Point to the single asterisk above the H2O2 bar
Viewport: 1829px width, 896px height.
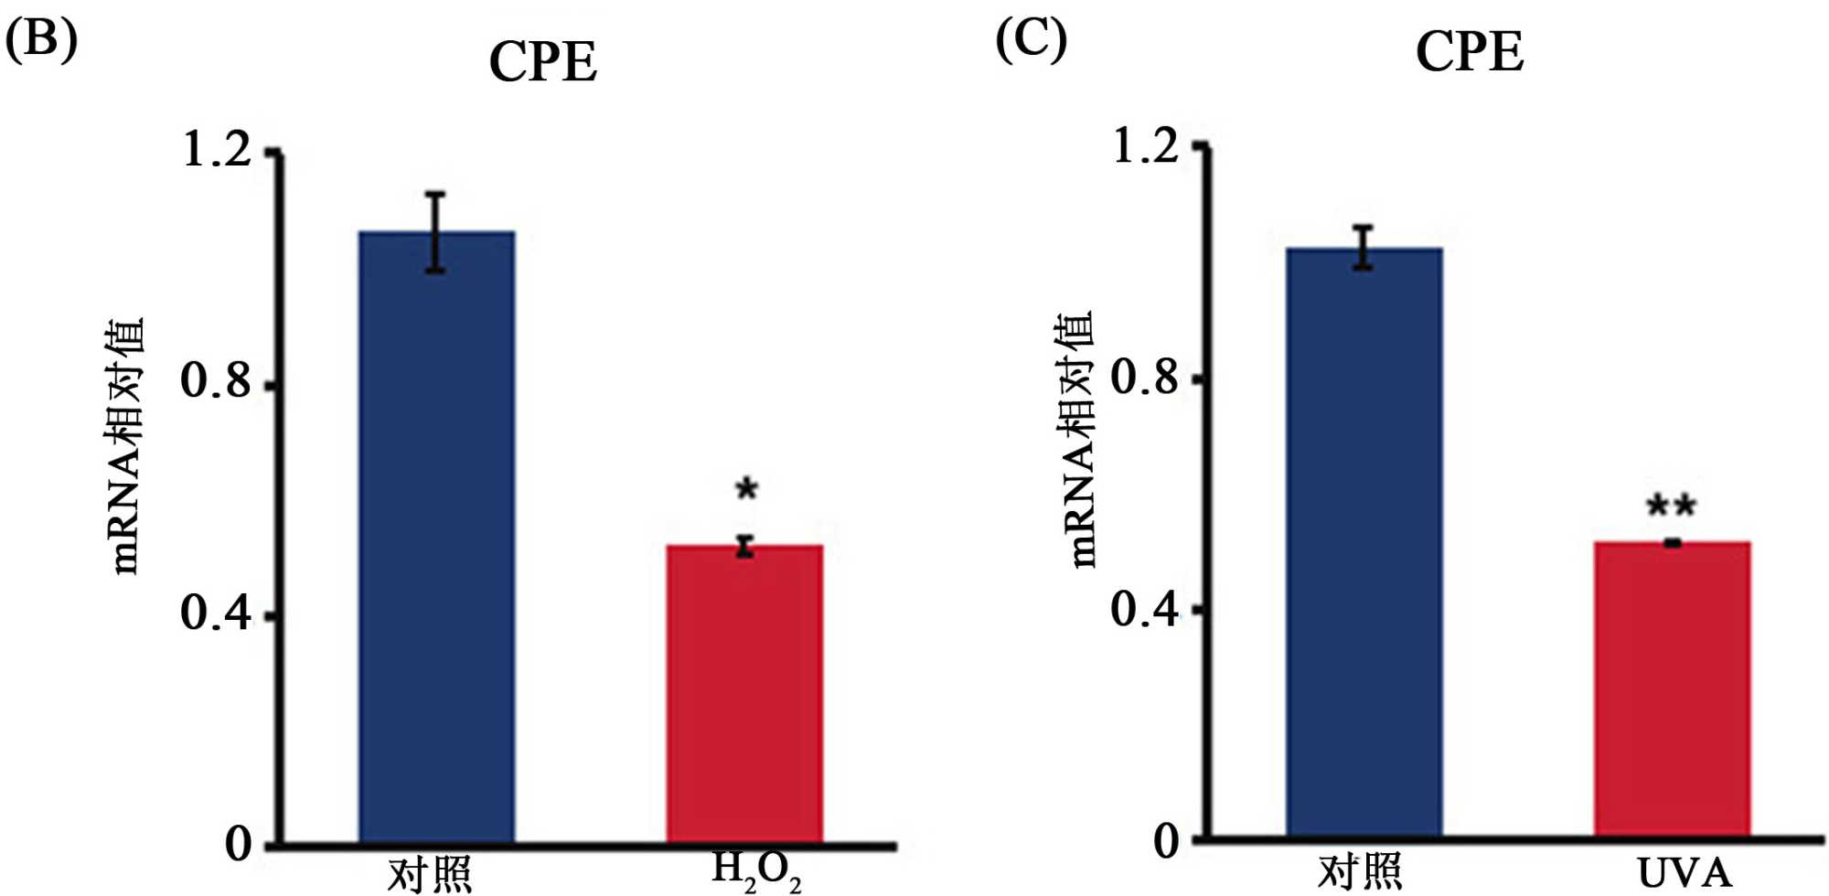[x=746, y=490]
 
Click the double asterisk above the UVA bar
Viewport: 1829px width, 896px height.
[x=1671, y=506]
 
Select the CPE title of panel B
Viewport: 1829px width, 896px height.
[x=543, y=62]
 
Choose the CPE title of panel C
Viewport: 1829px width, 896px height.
[x=1470, y=52]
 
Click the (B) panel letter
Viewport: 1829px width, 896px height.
[x=41, y=41]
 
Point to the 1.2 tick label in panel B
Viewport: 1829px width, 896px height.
[x=217, y=149]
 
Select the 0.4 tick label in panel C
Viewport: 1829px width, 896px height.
[x=1145, y=608]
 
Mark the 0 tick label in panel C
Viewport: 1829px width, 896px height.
[x=1166, y=840]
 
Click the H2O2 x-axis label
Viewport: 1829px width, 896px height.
[x=755, y=870]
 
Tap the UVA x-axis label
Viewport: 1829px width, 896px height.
[x=1684, y=873]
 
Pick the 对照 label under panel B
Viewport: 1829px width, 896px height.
[x=429, y=874]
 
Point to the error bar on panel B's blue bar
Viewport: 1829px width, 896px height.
[x=436, y=232]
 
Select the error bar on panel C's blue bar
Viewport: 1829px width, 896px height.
[x=1364, y=247]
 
